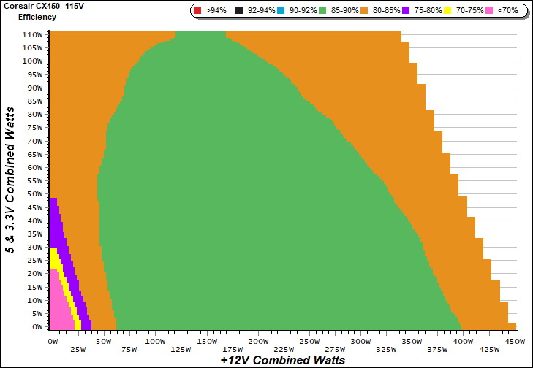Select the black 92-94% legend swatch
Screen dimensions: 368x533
[241, 11]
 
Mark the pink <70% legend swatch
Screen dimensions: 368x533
[491, 11]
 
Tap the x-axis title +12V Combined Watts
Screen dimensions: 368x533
[282, 360]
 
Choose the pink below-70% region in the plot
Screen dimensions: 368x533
[58, 303]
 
